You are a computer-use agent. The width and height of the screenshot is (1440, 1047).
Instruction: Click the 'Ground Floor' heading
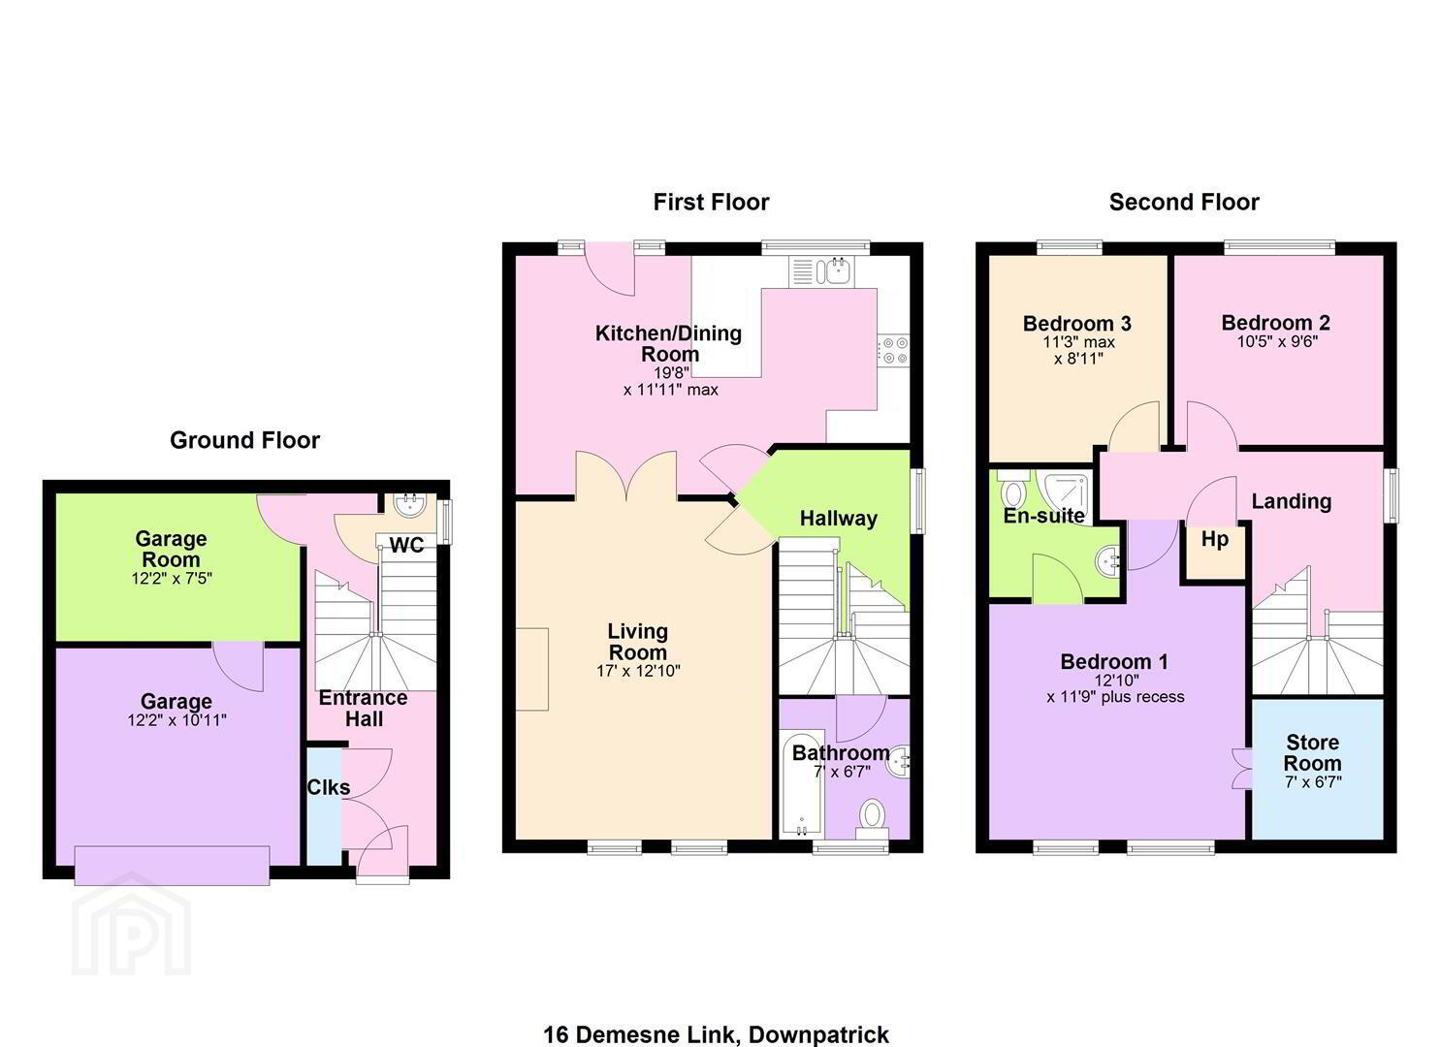tap(244, 440)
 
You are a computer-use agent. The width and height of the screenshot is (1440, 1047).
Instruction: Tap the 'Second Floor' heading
tap(1184, 203)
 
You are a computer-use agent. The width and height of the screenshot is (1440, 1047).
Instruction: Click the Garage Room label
tap(171, 549)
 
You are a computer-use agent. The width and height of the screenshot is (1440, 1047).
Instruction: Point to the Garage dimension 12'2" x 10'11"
tap(176, 720)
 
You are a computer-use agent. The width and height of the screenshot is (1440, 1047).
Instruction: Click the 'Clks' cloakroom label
tap(329, 787)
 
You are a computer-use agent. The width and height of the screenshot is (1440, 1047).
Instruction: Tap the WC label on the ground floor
tap(406, 546)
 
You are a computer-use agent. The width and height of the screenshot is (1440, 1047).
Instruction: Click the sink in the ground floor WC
tap(409, 505)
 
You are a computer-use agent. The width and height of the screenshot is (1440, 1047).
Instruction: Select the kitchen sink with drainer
tap(822, 271)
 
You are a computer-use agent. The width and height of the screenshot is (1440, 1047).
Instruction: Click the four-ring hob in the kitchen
tap(894, 351)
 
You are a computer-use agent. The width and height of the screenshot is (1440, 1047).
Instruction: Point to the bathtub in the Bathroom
tap(802, 783)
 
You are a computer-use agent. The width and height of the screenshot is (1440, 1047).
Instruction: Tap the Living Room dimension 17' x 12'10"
tap(638, 671)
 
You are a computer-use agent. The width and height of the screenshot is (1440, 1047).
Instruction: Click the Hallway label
tap(838, 519)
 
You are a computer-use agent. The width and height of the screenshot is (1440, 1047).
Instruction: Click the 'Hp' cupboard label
tap(1214, 539)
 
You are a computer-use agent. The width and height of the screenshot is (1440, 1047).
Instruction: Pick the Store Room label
tap(1313, 752)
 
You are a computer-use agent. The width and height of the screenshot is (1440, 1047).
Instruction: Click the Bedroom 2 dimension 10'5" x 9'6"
tap(1277, 342)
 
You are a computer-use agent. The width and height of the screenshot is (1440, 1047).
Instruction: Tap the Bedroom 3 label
tap(1076, 323)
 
